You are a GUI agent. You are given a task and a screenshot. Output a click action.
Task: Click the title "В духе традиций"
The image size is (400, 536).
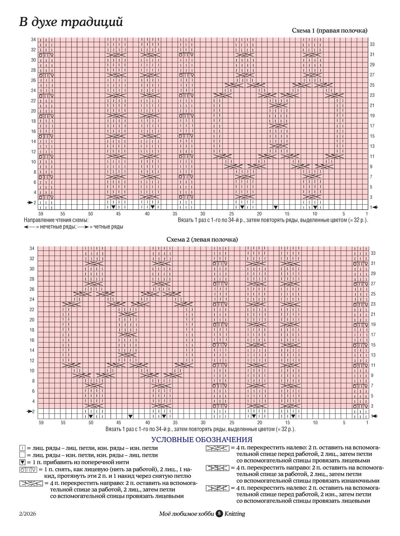(x=71, y=22)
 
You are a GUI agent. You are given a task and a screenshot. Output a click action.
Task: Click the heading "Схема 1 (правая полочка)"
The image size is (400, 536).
(x=329, y=31)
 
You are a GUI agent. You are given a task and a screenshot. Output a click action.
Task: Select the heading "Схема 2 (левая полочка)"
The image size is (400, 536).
(x=202, y=240)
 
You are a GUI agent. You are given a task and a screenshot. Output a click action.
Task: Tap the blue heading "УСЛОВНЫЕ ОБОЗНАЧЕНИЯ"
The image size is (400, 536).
(x=202, y=440)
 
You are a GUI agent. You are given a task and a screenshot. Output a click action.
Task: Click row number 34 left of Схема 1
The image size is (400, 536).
(x=33, y=40)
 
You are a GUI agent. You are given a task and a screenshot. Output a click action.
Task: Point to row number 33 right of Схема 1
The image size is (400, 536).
(x=372, y=44)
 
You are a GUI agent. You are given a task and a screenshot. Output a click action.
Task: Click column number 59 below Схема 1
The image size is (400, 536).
(x=41, y=214)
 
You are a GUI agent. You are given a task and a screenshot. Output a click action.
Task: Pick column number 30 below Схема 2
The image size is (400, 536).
(x=203, y=422)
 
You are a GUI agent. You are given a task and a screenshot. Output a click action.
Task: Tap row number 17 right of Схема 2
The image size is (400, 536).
(x=373, y=335)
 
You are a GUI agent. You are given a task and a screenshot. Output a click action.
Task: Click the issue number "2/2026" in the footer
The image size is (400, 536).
(x=27, y=514)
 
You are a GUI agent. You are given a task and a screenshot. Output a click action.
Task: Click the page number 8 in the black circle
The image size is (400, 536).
(x=219, y=514)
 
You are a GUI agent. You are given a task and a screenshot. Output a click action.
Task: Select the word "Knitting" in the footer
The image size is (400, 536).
(x=235, y=514)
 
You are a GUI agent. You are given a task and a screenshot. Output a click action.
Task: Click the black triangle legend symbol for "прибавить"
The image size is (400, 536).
(x=22, y=462)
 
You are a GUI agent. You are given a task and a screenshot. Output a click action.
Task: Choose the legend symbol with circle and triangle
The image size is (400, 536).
(x=28, y=470)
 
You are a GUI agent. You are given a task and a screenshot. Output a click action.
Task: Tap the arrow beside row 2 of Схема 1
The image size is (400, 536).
(x=30, y=202)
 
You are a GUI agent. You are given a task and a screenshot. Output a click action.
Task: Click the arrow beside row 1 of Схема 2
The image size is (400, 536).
(x=374, y=416)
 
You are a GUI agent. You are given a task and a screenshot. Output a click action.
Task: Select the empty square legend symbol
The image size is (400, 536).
(x=22, y=455)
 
